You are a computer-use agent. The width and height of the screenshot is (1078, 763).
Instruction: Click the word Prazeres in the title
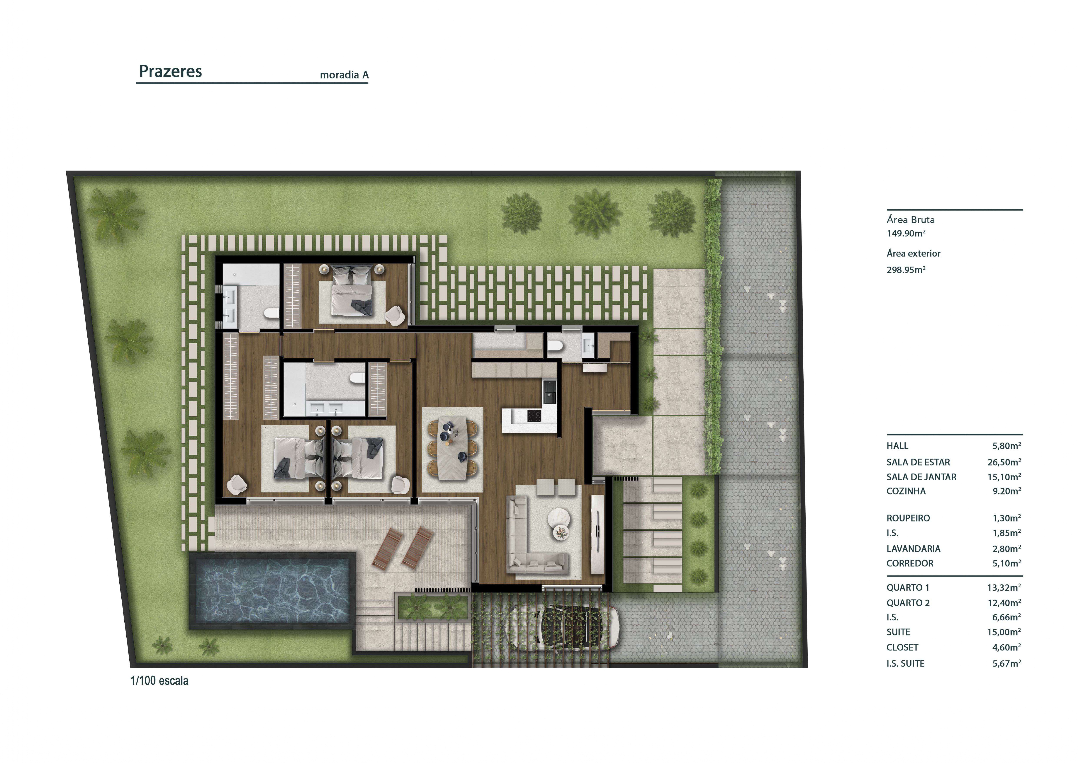click(x=170, y=71)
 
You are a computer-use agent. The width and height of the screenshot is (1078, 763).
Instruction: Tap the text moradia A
click(x=344, y=75)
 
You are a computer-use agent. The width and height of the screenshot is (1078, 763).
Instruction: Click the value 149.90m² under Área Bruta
click(x=906, y=233)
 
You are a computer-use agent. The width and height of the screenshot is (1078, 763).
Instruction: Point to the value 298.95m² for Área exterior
click(x=906, y=270)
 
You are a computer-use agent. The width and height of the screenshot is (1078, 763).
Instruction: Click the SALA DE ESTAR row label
click(x=918, y=462)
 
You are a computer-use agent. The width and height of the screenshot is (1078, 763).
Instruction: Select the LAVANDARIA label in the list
click(x=913, y=549)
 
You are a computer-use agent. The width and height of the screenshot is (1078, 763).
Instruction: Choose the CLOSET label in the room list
click(x=902, y=647)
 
